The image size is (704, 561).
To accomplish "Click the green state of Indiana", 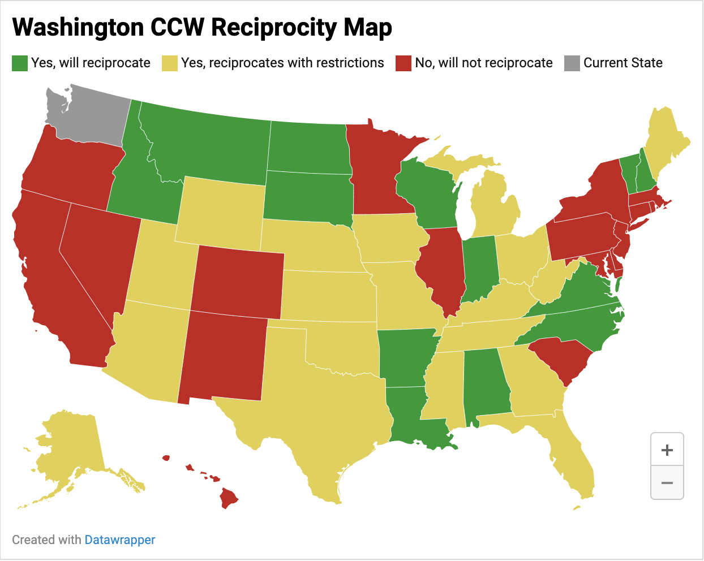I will (x=480, y=266).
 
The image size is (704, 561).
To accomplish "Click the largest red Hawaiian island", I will (x=229, y=498).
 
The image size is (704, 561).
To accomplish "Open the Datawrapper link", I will (x=119, y=540).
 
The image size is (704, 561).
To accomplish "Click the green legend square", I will (x=20, y=63).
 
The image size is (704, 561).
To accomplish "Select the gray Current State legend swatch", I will (x=572, y=63).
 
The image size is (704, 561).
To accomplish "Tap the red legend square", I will (x=403, y=63).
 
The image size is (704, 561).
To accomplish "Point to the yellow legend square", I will (x=170, y=63).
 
